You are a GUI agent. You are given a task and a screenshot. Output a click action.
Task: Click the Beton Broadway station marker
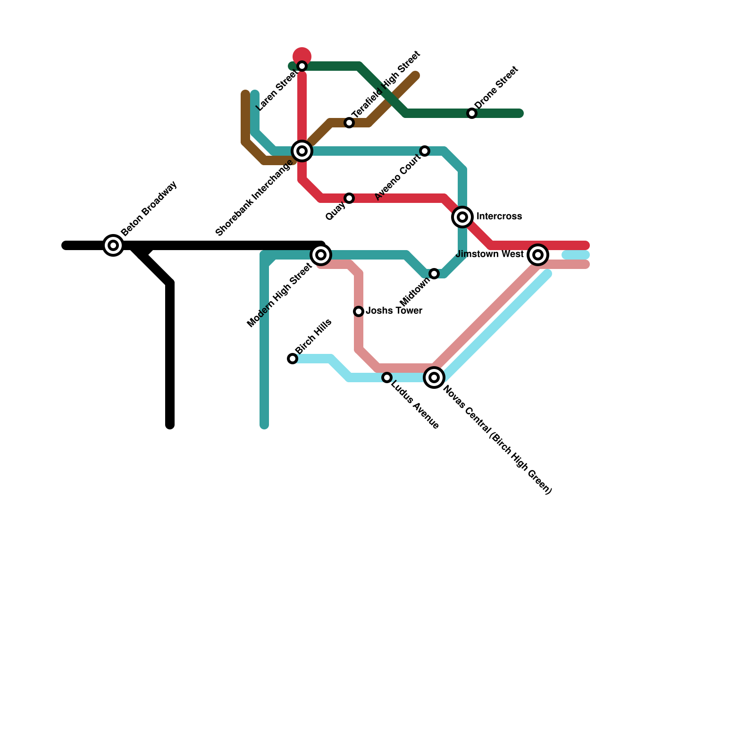(x=113, y=245)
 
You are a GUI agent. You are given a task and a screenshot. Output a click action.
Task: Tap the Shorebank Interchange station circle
(x=302, y=151)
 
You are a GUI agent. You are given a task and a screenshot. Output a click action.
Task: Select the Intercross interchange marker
(x=462, y=217)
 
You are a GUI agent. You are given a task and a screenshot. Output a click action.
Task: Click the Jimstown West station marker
(x=537, y=255)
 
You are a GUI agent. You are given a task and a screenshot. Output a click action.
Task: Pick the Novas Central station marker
(x=434, y=377)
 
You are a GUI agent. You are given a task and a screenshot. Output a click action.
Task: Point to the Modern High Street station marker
(x=321, y=255)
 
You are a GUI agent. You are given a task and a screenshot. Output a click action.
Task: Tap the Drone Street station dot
(x=472, y=113)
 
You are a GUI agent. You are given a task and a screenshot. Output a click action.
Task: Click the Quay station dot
(x=349, y=198)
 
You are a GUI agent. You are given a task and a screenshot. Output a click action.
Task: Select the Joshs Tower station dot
(x=359, y=311)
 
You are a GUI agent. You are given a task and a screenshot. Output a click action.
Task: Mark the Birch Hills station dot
(x=293, y=359)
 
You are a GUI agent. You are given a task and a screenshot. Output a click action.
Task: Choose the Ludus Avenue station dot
(x=387, y=377)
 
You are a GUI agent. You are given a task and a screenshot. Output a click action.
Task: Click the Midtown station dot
(x=434, y=274)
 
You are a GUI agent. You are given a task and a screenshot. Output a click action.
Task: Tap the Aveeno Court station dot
(x=425, y=151)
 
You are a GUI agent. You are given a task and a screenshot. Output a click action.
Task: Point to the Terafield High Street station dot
(x=349, y=123)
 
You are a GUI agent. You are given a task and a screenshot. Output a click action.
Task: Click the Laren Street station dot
(x=302, y=66)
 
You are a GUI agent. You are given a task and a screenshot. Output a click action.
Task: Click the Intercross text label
(x=499, y=217)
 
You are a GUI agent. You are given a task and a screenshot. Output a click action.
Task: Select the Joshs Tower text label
(x=394, y=311)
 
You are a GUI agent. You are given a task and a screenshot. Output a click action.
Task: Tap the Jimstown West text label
(x=490, y=254)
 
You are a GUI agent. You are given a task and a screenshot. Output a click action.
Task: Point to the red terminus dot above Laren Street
(x=302, y=56)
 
